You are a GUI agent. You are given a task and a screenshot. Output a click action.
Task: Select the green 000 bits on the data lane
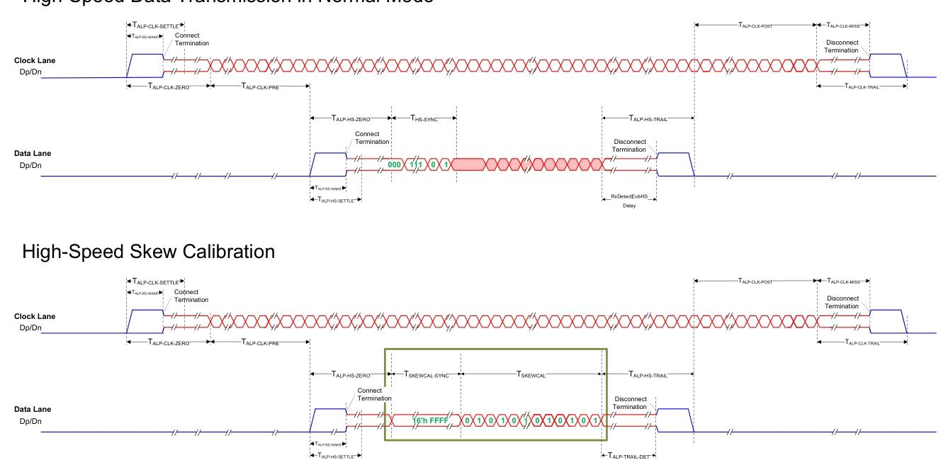click(x=395, y=164)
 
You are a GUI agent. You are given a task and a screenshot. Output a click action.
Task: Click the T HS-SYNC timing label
click(x=424, y=118)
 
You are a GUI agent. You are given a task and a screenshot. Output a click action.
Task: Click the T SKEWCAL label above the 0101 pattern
click(x=531, y=374)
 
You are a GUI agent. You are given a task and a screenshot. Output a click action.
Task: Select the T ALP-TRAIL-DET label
click(x=628, y=454)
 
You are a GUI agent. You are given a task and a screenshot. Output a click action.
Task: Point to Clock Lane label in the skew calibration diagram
click(x=34, y=316)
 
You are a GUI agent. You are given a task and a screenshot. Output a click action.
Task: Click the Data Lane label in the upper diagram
click(x=33, y=153)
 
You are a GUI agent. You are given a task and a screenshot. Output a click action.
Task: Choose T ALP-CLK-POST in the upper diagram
click(x=756, y=25)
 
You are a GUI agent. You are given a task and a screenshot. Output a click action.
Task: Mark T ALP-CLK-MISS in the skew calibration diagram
click(x=843, y=281)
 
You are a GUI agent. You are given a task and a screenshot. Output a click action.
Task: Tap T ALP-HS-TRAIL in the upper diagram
click(x=648, y=118)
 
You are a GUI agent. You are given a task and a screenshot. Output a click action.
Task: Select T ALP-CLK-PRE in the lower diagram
click(x=259, y=342)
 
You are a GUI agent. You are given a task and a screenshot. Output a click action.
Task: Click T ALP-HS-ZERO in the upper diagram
click(x=351, y=118)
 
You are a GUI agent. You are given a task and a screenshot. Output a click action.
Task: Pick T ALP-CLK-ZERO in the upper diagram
click(x=167, y=86)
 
